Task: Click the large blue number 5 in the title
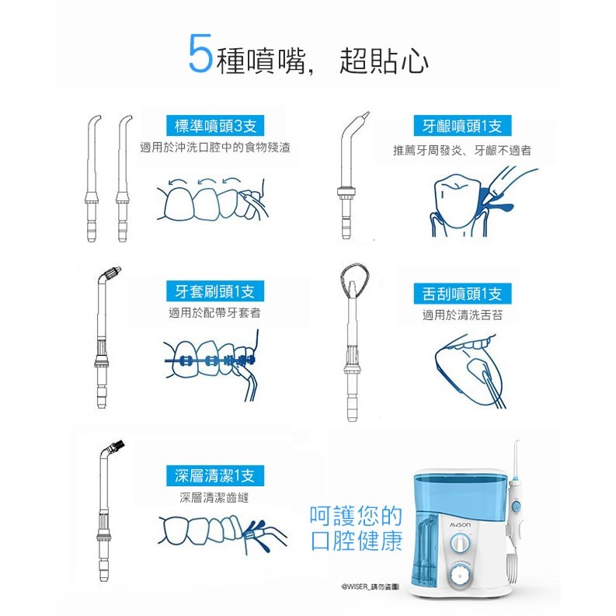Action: click(200, 54)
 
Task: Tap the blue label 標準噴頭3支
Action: click(215, 126)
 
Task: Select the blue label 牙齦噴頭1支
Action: click(462, 126)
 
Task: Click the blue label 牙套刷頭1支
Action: click(215, 291)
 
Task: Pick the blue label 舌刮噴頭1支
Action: click(462, 294)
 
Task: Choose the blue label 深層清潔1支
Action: click(215, 475)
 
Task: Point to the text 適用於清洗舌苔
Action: click(462, 315)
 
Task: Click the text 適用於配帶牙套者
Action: click(215, 313)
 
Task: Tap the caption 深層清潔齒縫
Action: click(214, 498)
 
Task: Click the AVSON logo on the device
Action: click(460, 525)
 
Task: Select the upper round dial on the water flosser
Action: click(459, 544)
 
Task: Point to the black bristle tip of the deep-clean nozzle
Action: click(117, 446)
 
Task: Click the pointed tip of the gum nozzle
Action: click(366, 116)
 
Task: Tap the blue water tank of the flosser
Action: click(460, 494)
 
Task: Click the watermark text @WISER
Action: click(356, 586)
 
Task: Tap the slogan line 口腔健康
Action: click(357, 541)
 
